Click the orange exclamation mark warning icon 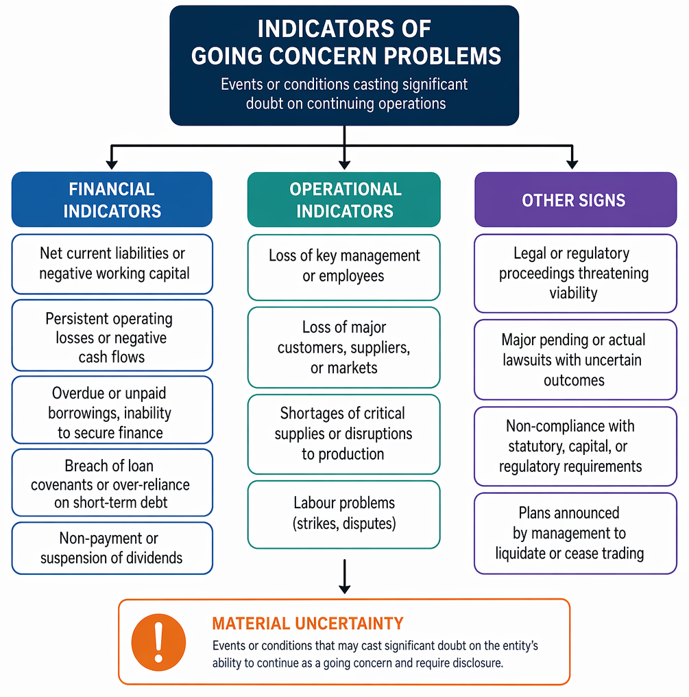tap(158, 642)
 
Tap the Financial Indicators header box tap(112, 200)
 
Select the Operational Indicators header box tap(344, 200)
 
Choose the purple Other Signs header tap(575, 200)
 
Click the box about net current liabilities tap(112, 264)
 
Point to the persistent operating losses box tap(112, 335)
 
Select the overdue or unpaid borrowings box tap(112, 410)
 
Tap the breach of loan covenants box tap(112, 483)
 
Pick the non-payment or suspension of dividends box tap(112, 548)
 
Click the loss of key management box tap(344, 268)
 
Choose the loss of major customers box tap(344, 348)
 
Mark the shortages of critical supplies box tap(344, 434)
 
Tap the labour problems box tap(344, 515)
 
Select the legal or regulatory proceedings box tap(575, 273)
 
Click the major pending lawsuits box tap(575, 359)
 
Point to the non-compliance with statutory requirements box tap(575, 447)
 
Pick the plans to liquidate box tap(575, 534)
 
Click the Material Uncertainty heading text tap(308, 624)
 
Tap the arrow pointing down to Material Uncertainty tap(344, 576)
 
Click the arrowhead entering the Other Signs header tap(572, 163)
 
